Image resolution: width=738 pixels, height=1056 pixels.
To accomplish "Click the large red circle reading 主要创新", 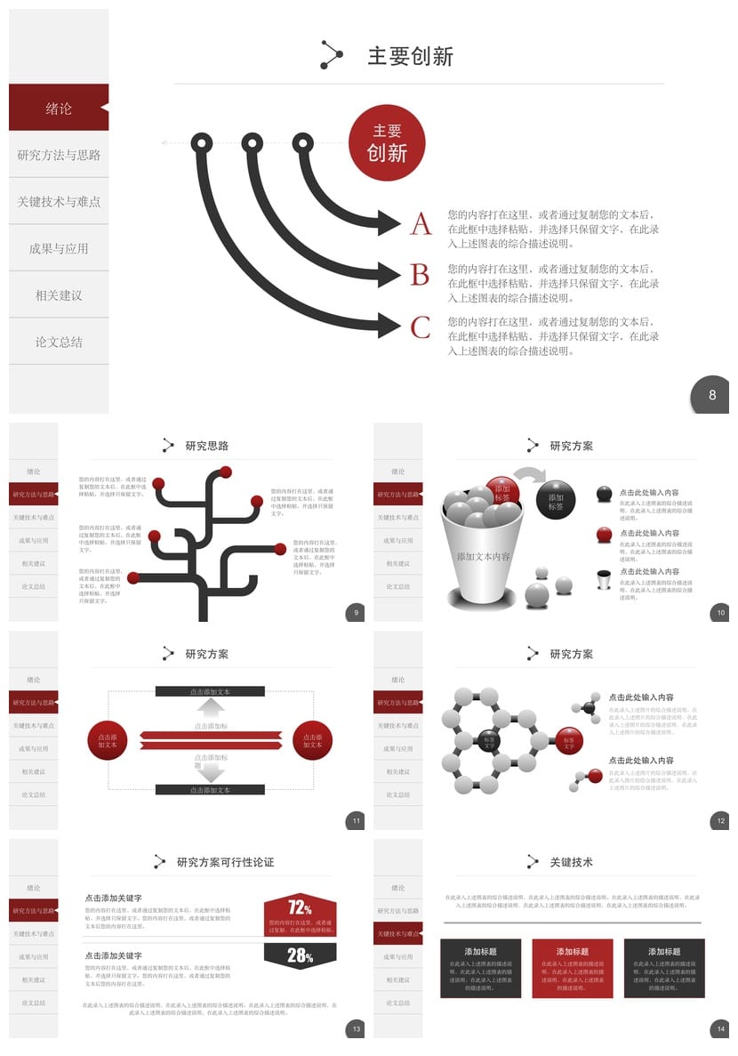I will (387, 142).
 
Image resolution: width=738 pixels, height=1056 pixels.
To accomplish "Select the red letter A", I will (421, 224).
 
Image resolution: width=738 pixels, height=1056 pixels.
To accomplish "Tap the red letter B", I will (421, 275).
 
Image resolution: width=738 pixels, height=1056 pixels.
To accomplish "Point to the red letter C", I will (421, 327).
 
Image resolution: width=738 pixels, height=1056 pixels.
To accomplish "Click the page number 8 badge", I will (711, 395).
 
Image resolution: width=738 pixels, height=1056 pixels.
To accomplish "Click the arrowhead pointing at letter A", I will (389, 222).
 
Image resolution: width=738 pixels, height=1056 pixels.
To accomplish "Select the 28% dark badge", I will (300, 956).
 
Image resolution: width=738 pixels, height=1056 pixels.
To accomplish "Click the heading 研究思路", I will (207, 446).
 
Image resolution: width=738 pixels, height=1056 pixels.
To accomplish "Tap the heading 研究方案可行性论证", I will (225, 862).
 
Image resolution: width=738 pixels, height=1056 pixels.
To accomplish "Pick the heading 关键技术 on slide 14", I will (571, 862).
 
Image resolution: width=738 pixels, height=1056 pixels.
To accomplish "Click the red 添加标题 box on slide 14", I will (572, 968).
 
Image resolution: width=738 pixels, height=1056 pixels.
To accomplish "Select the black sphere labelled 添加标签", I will (556, 499).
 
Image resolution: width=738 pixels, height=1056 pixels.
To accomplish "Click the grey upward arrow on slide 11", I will (211, 707).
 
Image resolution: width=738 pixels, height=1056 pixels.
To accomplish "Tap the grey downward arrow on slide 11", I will (211, 771).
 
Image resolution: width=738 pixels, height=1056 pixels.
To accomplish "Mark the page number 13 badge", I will (356, 1029).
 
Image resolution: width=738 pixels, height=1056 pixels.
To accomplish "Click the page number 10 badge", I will (721, 612).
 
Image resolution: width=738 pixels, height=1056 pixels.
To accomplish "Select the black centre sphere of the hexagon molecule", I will (490, 739).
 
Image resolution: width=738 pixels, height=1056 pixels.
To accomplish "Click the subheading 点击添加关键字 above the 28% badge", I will (114, 955).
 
